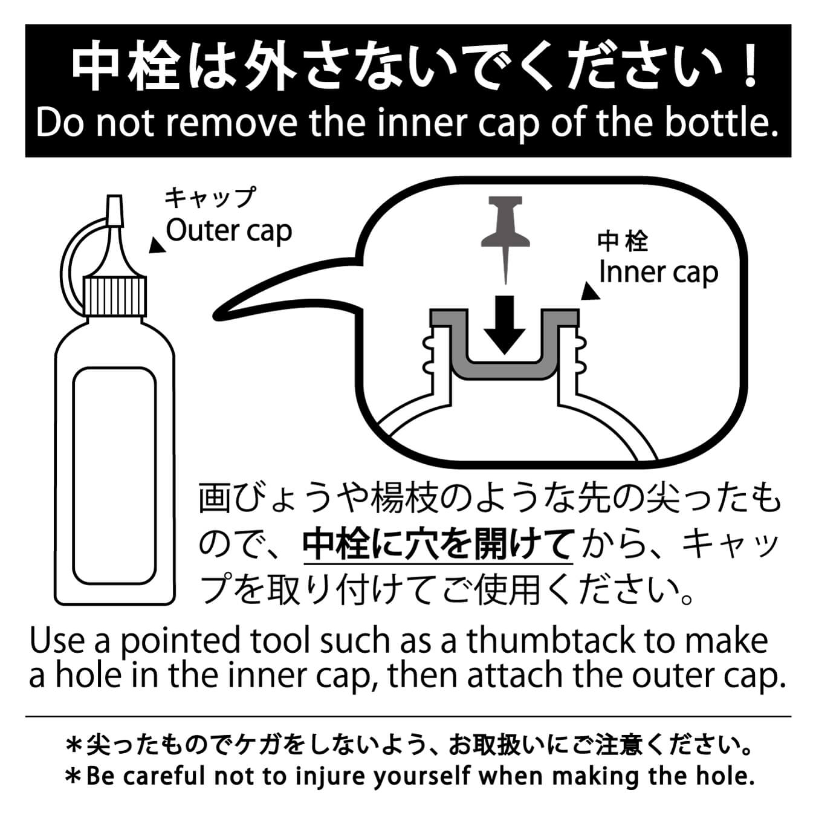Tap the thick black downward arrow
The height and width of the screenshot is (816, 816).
pos(504,325)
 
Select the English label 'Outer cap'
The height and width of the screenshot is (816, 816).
pos(228,232)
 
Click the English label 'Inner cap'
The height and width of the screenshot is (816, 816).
pos(658,273)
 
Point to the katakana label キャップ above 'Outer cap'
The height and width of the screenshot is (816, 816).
pos(210,198)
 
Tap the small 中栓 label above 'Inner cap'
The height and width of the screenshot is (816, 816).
pos(623,242)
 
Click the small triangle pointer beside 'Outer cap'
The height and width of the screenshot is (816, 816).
pos(157,246)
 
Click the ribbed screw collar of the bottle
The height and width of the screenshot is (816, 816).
pos(114,296)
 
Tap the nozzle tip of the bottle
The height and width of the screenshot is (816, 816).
pos(114,210)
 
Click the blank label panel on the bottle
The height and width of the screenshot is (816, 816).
pos(114,475)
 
